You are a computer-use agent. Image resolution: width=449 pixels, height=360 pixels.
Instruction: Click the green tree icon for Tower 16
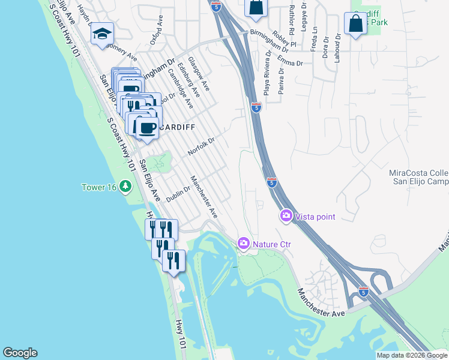tap(125, 186)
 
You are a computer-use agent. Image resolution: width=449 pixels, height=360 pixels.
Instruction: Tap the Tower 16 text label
tap(99, 187)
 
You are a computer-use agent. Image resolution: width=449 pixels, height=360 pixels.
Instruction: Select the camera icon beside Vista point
tap(286, 215)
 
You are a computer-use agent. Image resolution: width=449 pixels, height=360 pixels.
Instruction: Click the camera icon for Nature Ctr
tap(243, 243)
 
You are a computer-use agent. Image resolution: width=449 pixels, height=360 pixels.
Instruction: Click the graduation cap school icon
tap(102, 34)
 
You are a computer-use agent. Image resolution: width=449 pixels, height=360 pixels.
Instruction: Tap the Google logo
tap(20, 353)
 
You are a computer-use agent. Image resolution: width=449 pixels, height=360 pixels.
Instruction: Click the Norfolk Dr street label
tap(201, 145)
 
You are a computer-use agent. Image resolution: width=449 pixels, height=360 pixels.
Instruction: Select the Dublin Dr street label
tap(178, 193)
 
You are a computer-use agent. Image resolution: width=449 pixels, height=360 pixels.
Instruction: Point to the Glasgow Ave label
tap(198, 74)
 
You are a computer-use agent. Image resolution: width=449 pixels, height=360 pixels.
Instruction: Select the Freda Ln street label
tap(314, 37)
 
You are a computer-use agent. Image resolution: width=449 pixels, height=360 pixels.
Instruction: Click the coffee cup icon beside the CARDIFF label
tap(147, 127)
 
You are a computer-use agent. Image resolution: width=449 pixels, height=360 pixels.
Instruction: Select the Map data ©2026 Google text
tap(412, 355)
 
